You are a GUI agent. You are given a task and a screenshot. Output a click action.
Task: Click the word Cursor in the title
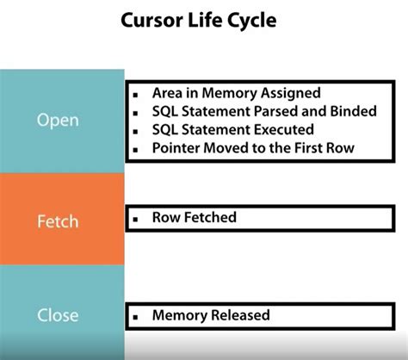pos(151,20)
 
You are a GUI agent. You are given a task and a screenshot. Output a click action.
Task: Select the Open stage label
pos(58,119)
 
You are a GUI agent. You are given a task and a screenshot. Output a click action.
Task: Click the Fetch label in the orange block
pos(59,221)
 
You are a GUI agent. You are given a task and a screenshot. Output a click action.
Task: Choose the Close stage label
pos(58,314)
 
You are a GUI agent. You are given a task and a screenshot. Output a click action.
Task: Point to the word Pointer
pos(177,147)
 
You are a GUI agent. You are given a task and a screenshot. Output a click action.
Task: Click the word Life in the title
pos(207,20)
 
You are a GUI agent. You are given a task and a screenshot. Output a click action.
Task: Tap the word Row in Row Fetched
pos(166,217)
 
